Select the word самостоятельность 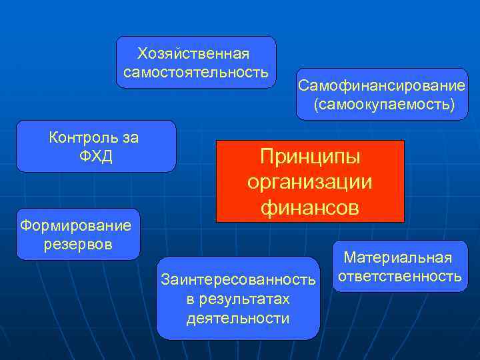pos(196,71)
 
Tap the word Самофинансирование pos(381,86)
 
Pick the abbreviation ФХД pos(96,157)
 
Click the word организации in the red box pos(310,183)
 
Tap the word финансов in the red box pos(310,207)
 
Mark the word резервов pos(78,244)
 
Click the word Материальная pos(398,257)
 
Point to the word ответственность pos(400,275)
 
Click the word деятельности pos(238,318)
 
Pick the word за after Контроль pos(131,138)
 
